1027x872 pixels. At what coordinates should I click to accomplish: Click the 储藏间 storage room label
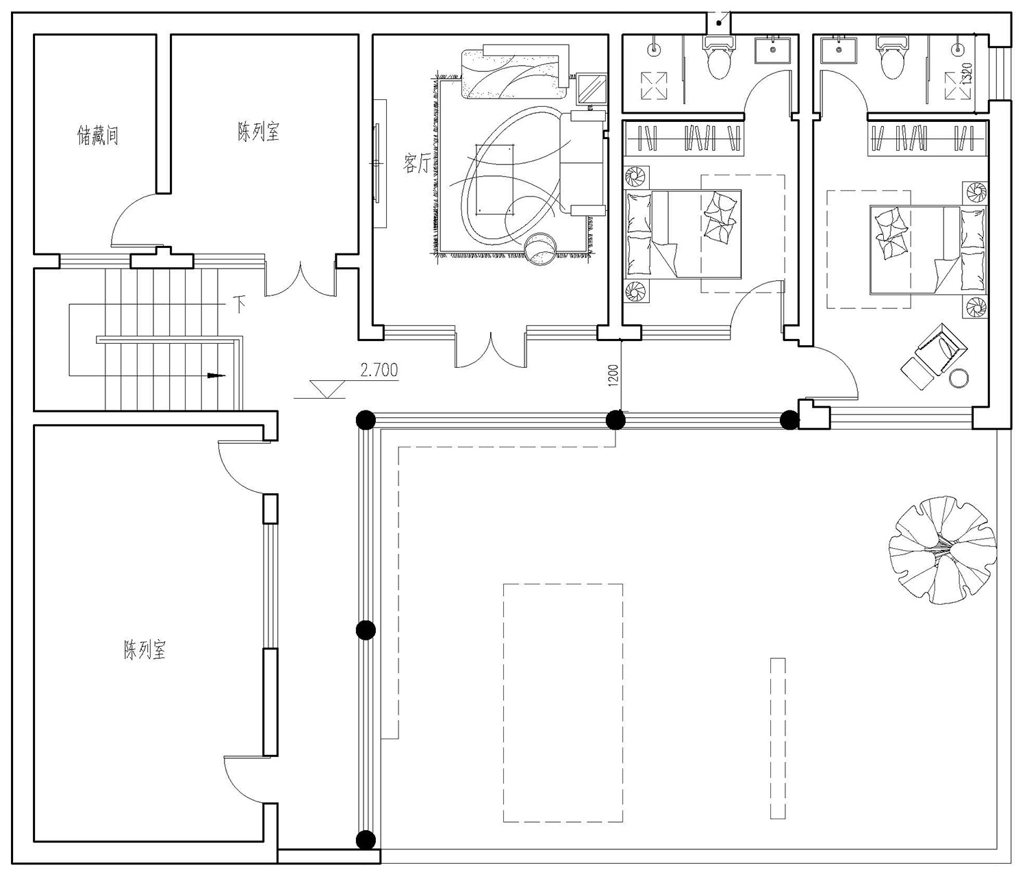98,135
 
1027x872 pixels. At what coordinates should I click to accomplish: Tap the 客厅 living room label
416,163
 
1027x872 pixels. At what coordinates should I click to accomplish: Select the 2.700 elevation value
379,369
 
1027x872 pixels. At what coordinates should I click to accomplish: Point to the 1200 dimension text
613,375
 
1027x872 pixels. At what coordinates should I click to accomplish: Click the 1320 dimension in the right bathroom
966,74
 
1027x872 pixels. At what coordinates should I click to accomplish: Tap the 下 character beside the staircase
240,303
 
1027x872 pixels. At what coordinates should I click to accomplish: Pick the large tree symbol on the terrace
942,549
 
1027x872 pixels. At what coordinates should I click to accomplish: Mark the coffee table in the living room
494,179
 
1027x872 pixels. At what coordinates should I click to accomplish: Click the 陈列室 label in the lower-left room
144,649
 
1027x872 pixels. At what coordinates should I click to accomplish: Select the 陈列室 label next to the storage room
258,132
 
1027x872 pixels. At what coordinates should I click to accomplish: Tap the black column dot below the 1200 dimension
616,420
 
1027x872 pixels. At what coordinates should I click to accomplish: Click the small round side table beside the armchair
959,378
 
